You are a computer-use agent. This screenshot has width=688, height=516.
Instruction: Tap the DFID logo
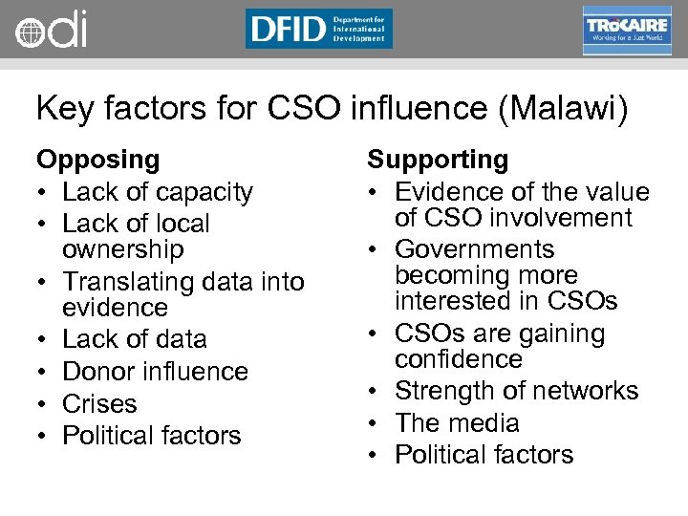318,29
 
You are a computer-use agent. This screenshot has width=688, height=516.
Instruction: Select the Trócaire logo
627,31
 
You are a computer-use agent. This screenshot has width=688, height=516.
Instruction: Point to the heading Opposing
97,160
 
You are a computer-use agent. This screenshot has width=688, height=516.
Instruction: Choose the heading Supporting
438,160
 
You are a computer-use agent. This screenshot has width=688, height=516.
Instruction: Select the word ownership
122,249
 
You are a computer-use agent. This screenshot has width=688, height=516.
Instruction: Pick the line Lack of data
134,339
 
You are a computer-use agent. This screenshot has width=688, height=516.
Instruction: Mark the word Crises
99,404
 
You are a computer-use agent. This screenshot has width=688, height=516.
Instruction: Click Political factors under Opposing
151,436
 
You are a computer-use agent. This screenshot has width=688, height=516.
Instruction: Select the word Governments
474,249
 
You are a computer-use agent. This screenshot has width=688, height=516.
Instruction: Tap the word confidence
459,359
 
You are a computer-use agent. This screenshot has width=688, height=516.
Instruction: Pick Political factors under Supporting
484,455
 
